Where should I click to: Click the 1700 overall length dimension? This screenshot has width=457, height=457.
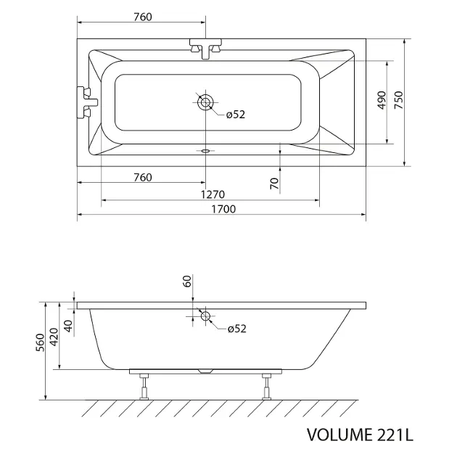click(x=223, y=209)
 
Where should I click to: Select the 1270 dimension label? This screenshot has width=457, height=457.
click(x=213, y=194)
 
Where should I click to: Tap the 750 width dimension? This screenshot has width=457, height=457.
click(x=398, y=100)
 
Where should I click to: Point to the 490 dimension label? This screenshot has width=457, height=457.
click(x=382, y=100)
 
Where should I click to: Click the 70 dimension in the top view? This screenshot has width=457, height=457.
click(x=274, y=184)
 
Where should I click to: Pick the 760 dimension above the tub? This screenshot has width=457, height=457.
click(x=143, y=17)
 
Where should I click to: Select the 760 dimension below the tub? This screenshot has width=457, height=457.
click(x=143, y=177)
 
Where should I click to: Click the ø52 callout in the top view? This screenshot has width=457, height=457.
click(x=236, y=115)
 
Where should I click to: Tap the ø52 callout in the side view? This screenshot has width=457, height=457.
click(x=236, y=329)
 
